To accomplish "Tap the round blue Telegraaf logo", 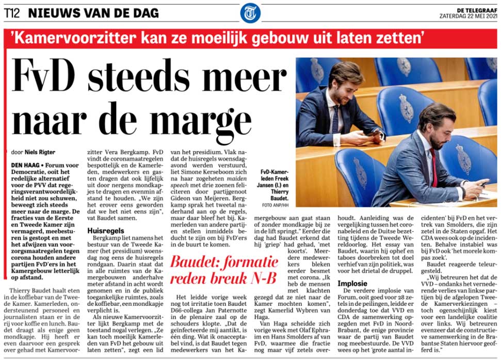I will pos(250,13).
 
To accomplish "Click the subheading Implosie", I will pos(353,283).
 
